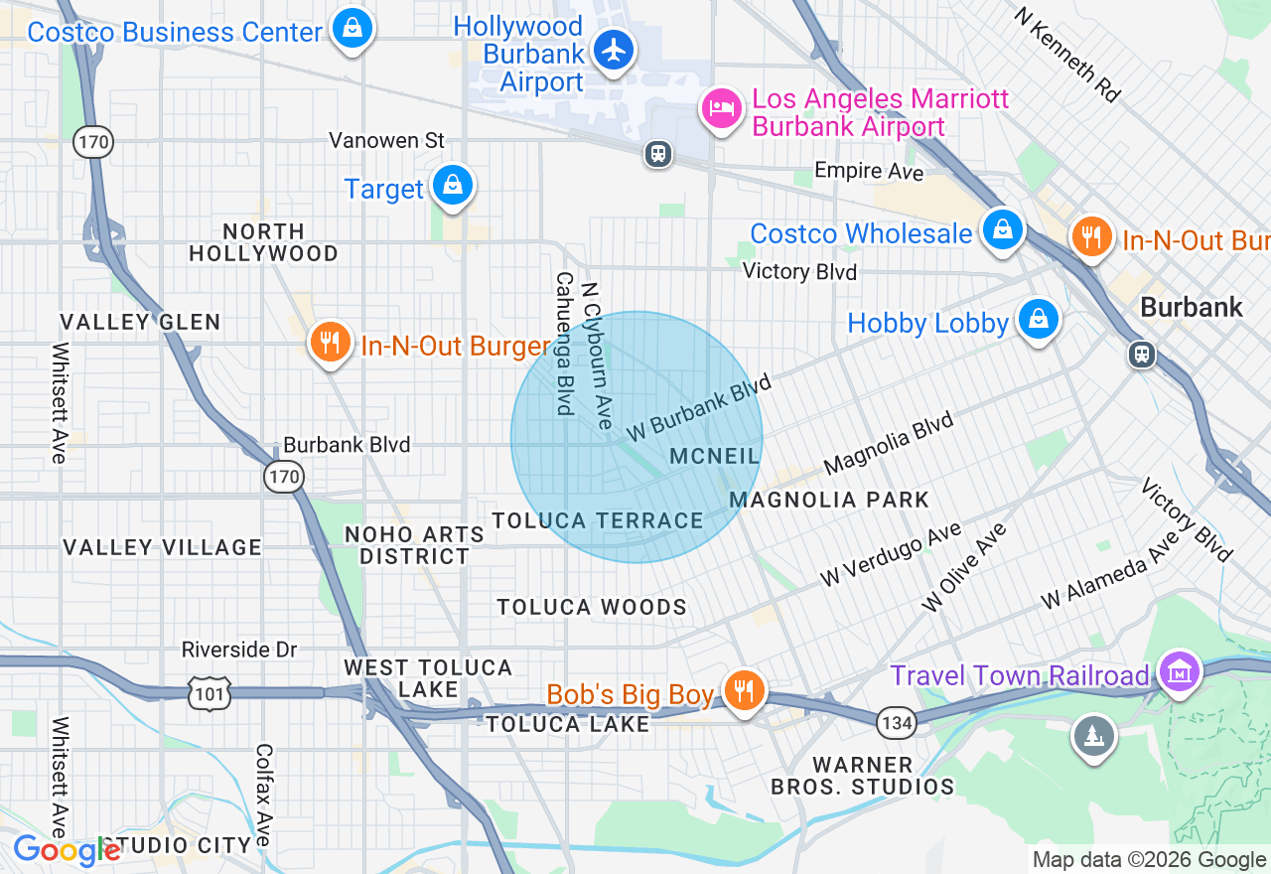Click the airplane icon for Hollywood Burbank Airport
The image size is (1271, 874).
(x=614, y=49)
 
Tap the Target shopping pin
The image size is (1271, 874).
(x=453, y=186)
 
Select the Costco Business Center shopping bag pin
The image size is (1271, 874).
(x=353, y=28)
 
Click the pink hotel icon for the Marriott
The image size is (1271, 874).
(x=722, y=108)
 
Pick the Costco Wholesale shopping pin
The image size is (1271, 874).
(x=1003, y=229)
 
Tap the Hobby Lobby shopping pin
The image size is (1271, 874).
(x=1038, y=319)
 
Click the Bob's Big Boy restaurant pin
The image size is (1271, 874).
(x=742, y=688)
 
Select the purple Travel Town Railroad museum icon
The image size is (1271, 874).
(x=1179, y=673)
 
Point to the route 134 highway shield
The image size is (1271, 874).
(x=897, y=723)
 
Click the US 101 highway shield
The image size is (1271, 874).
(x=211, y=693)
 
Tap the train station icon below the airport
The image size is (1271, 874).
(x=657, y=154)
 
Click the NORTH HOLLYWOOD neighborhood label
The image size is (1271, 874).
(x=263, y=242)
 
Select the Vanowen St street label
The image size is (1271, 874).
(x=387, y=140)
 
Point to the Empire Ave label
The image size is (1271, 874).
(x=869, y=171)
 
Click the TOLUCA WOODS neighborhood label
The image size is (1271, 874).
(x=592, y=607)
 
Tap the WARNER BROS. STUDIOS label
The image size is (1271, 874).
(x=863, y=776)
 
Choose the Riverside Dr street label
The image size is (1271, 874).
(x=239, y=650)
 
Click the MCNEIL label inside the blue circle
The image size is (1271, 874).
(x=715, y=456)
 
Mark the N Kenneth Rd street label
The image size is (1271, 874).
(x=1066, y=55)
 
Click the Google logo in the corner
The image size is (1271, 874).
(x=66, y=851)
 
